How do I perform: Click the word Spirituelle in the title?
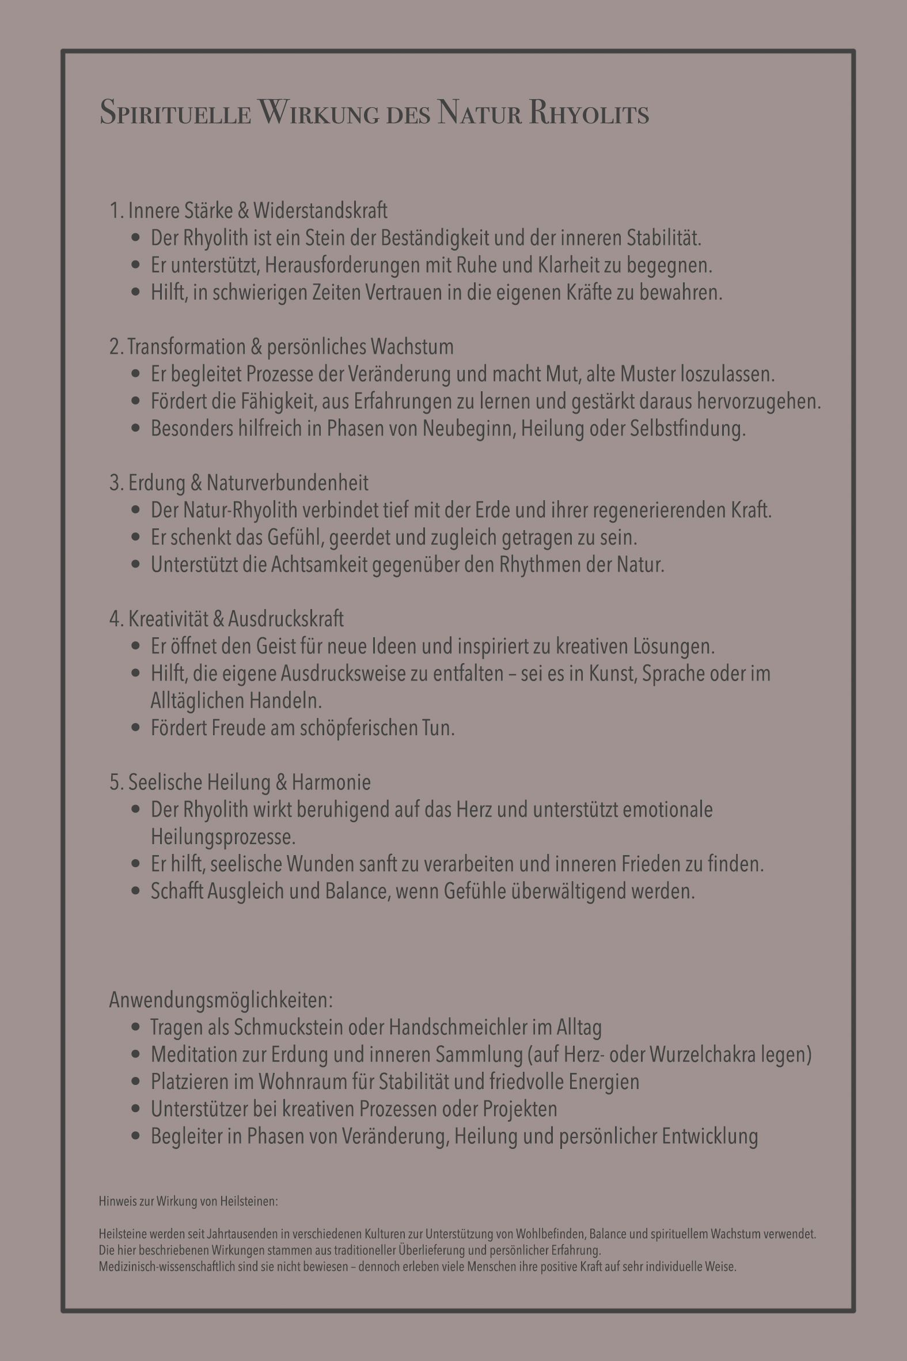point(175,113)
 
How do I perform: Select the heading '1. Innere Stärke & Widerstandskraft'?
point(249,211)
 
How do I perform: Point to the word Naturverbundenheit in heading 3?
point(287,483)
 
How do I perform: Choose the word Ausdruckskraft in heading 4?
point(286,619)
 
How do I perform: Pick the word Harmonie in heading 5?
point(331,782)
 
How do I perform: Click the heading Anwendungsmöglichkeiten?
point(221,1000)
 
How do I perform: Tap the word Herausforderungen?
point(343,265)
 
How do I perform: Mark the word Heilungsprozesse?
point(223,837)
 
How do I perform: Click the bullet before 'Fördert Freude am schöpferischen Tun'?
point(136,727)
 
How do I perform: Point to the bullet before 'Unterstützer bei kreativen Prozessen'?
point(136,1109)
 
